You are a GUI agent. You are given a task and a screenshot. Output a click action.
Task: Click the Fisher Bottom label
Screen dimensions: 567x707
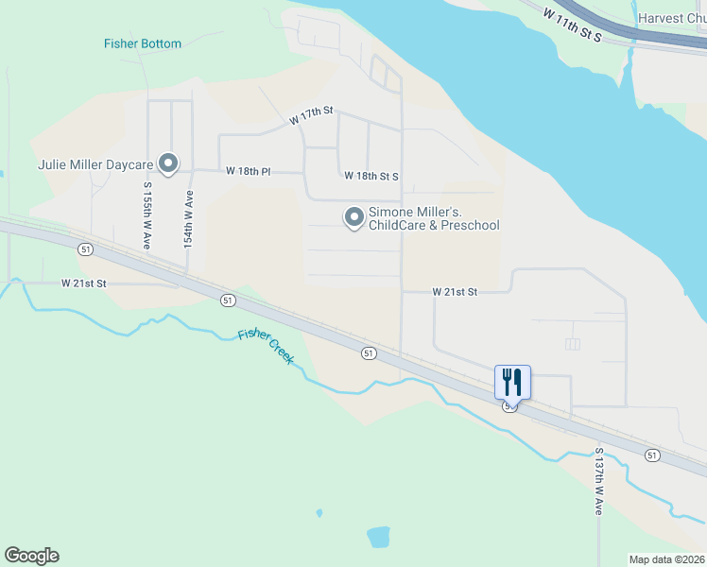[142, 43]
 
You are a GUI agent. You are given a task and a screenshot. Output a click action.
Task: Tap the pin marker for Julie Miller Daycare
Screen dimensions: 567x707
[169, 164]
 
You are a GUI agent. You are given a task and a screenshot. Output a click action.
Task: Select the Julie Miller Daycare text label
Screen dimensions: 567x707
[95, 163]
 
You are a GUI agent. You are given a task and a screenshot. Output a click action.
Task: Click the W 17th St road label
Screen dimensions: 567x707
[312, 116]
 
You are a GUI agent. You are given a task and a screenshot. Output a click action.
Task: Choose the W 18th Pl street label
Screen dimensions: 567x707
[249, 172]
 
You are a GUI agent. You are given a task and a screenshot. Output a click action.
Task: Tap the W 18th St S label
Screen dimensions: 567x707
[371, 176]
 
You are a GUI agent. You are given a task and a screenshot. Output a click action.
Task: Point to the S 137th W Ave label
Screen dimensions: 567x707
[598, 481]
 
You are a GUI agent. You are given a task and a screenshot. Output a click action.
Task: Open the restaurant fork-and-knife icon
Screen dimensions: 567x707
[512, 382]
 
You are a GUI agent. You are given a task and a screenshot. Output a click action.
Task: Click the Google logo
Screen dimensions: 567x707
[32, 556]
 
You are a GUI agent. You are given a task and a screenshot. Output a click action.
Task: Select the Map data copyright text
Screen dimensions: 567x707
[666, 559]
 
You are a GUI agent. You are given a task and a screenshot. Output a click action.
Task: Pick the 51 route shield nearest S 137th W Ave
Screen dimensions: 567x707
[652, 455]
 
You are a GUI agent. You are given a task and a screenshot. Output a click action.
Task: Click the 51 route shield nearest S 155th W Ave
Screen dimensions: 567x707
[86, 249]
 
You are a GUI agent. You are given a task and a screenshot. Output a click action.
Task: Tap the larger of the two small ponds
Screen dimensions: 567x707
[378, 537]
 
